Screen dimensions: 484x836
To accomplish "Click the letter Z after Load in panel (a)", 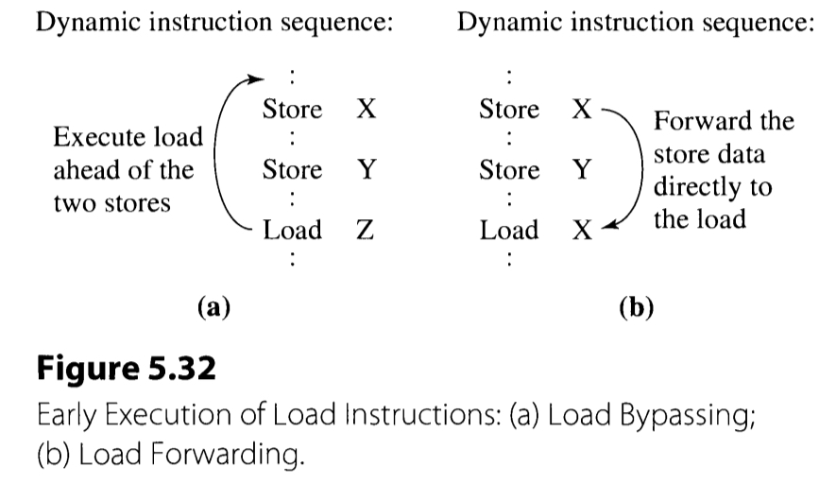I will tap(366, 231).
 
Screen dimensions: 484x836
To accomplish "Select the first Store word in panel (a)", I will tap(292, 110).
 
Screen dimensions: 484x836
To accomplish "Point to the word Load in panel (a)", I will tap(292, 231).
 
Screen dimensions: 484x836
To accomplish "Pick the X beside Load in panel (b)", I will tap(583, 231).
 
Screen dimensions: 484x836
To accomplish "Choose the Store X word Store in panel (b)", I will tap(509, 110).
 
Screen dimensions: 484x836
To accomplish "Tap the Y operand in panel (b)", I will tap(583, 170).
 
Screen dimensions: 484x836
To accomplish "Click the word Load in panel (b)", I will tap(509, 231).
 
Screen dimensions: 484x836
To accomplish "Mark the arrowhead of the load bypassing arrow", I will tap(254, 80).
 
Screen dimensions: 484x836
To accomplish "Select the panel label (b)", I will tap(635, 307).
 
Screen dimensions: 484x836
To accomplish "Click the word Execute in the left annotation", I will tap(92, 138).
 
